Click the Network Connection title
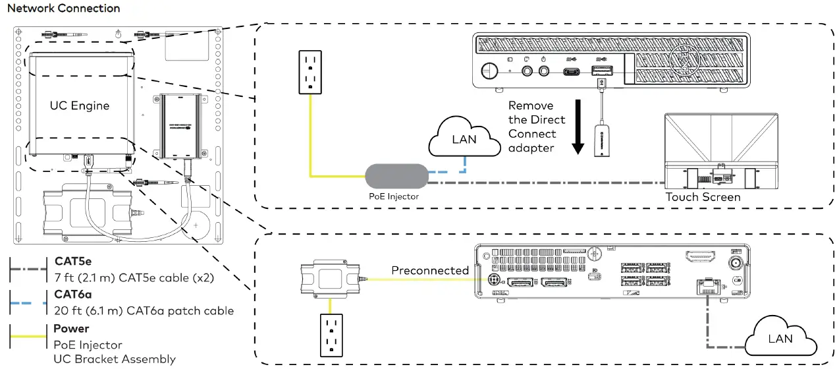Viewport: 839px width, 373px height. coord(63,9)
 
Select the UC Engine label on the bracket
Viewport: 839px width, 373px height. coord(80,105)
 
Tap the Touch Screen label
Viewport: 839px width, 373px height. coord(703,197)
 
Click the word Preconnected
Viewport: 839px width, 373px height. coord(429,271)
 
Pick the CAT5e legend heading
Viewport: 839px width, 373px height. coord(73,262)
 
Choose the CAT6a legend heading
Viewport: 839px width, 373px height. coord(73,295)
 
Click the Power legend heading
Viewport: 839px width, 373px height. coord(71,329)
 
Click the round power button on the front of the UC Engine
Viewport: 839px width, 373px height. coord(489,69)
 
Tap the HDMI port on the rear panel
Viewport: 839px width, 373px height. coord(701,257)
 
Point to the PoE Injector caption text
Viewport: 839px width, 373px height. coord(394,196)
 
